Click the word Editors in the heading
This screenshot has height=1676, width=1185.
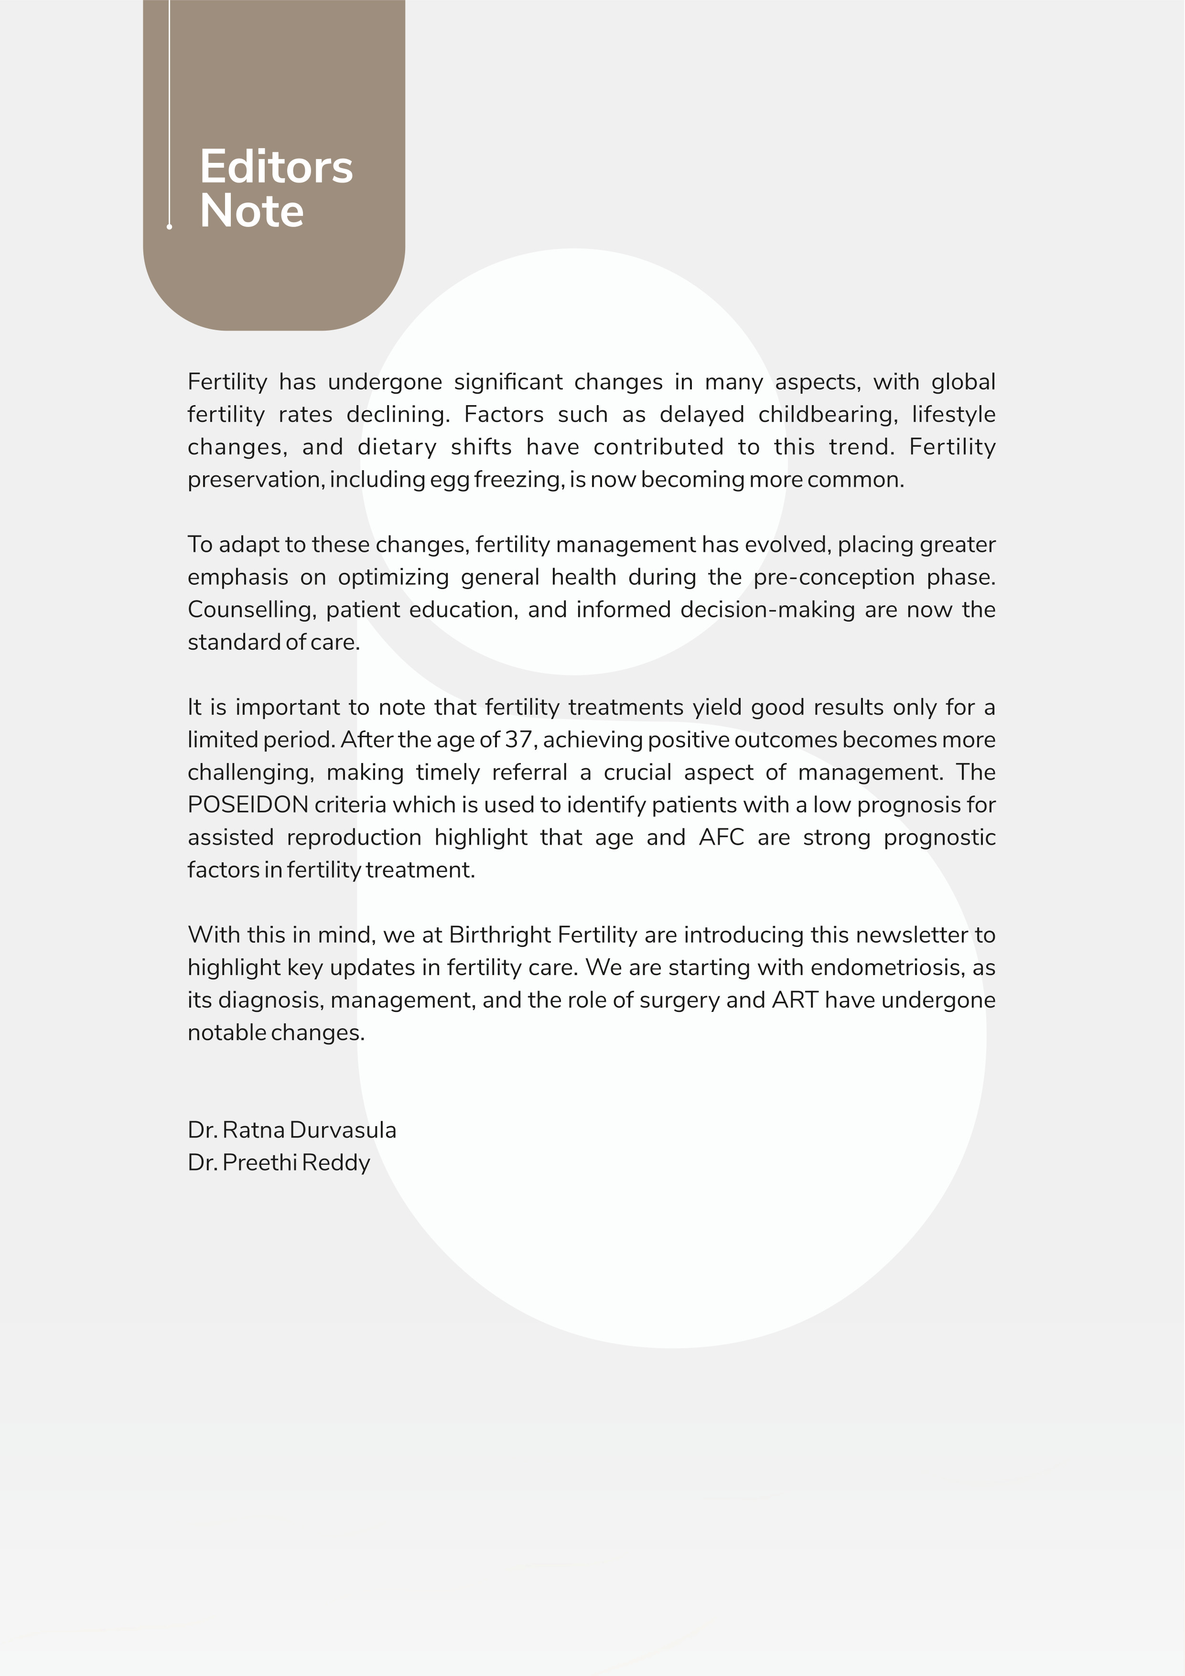click(276, 167)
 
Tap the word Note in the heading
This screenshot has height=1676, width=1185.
click(251, 212)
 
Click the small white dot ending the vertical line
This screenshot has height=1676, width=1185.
click(170, 227)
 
